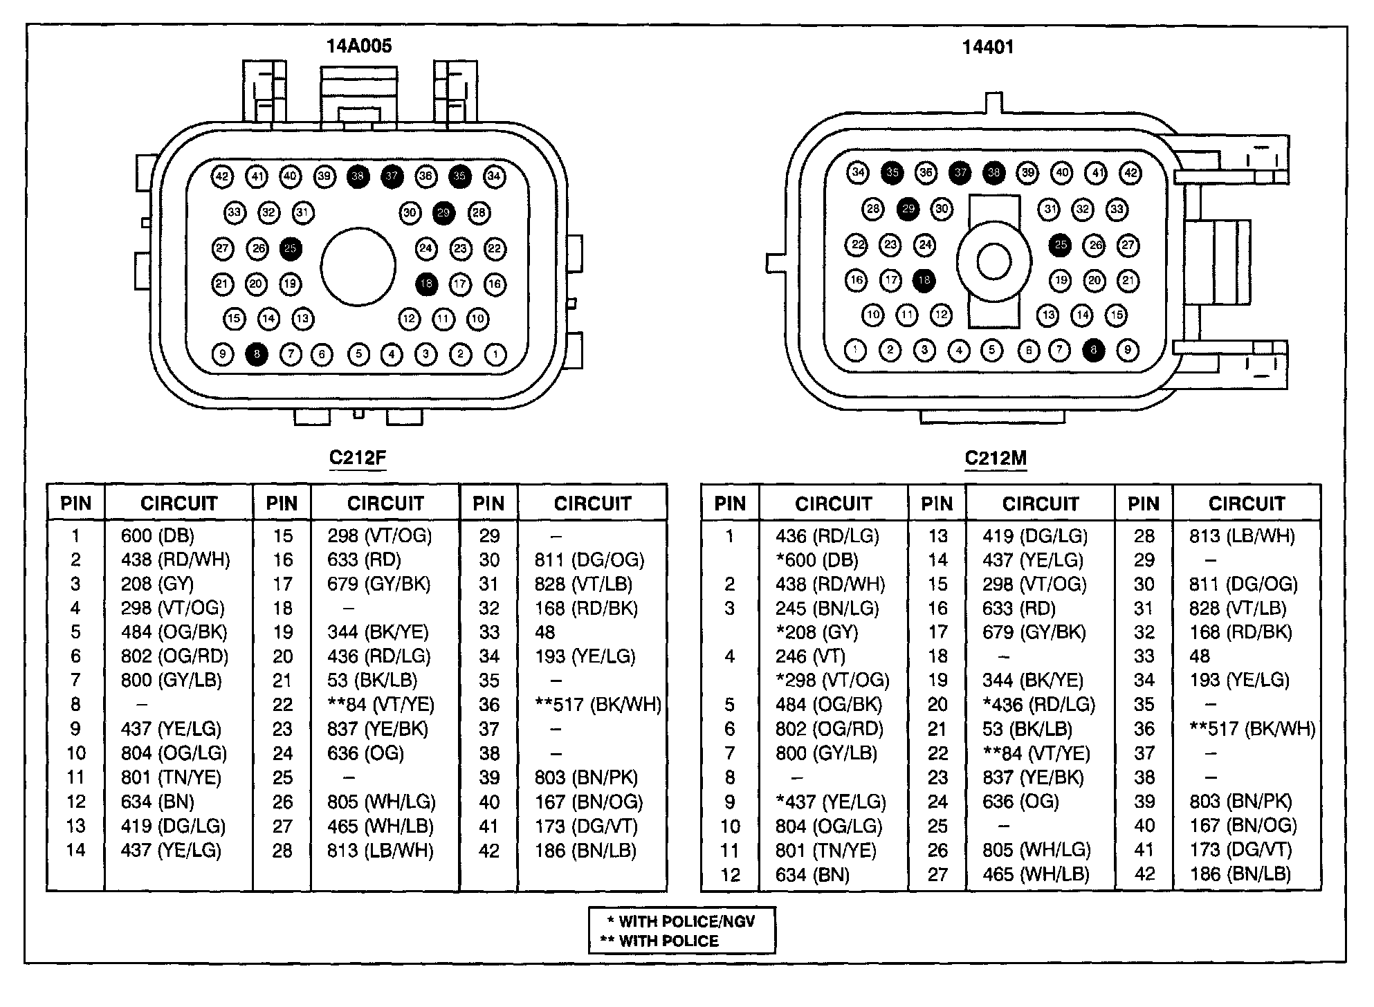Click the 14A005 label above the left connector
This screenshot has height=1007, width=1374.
tap(358, 46)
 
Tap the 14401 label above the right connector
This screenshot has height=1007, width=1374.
tap(988, 47)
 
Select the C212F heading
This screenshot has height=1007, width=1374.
tap(357, 458)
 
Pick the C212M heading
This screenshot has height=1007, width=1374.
tap(996, 459)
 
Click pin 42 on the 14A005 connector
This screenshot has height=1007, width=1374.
tap(222, 176)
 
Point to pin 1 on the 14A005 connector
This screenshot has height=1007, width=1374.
tap(495, 355)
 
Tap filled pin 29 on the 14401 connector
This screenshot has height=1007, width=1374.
tap(908, 209)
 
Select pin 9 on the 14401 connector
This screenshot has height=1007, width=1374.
tap(1128, 350)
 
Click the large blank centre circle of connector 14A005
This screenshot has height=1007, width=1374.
tap(358, 266)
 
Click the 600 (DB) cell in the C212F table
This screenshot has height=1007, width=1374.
tap(157, 535)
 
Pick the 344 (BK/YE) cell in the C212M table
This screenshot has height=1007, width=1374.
tap(1032, 681)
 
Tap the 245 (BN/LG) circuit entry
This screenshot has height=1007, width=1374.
tap(827, 608)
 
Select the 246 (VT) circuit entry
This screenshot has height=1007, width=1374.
tap(810, 656)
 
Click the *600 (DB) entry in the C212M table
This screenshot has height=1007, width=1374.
tap(816, 560)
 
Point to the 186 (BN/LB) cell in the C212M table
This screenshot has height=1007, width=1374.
tap(1240, 874)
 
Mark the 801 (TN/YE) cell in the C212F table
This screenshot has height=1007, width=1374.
tap(171, 777)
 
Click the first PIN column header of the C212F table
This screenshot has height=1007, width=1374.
tap(75, 503)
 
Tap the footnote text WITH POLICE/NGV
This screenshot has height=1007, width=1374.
tap(686, 921)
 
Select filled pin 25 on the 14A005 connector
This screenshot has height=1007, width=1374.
tap(291, 248)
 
